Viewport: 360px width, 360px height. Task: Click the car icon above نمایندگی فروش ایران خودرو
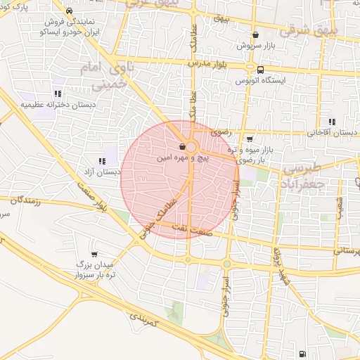69,11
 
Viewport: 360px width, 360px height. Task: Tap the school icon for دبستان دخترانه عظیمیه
57,94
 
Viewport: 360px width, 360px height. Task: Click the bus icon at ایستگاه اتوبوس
260,70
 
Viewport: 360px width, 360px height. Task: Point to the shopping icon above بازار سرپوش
255,34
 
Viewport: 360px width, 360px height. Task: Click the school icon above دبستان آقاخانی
331,122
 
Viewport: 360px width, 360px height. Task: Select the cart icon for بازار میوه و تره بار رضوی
250,139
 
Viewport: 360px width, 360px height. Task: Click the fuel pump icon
302,353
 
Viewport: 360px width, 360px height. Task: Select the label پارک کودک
34,6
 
